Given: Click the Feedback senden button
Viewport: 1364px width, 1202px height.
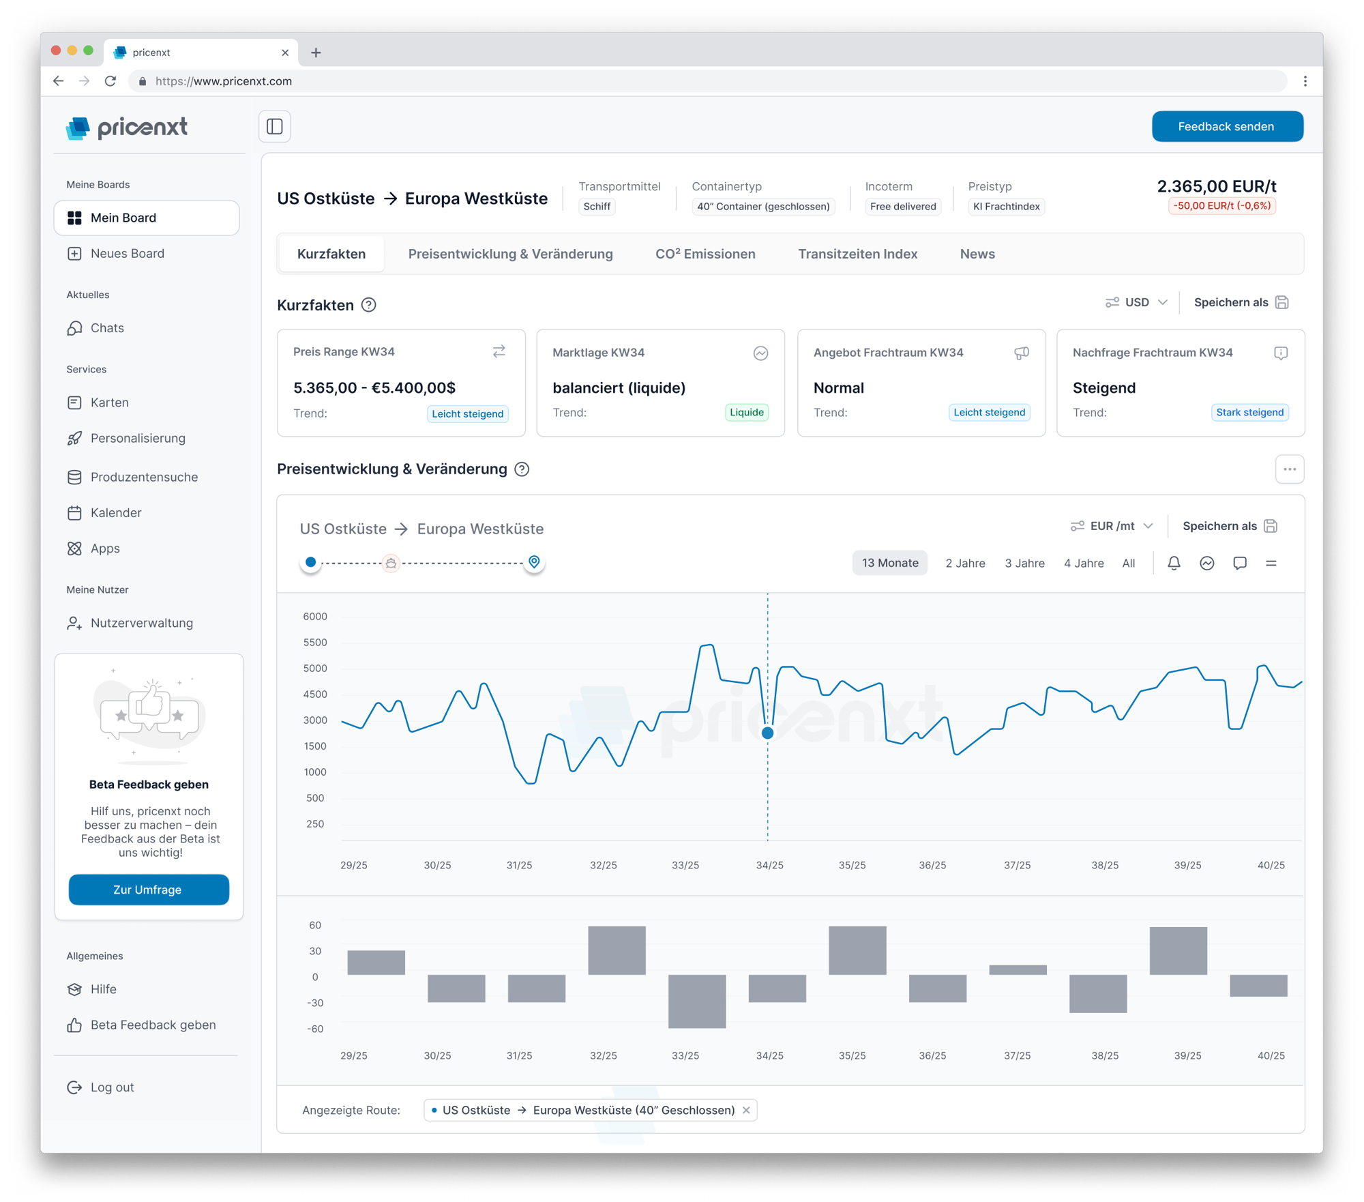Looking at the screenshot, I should (1227, 126).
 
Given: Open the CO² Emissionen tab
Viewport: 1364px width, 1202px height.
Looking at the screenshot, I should (705, 254).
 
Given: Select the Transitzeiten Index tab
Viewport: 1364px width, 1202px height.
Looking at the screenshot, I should (857, 254).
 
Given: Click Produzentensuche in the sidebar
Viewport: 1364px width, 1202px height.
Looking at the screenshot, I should (144, 477).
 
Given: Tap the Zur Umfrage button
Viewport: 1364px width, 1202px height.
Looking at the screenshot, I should (149, 890).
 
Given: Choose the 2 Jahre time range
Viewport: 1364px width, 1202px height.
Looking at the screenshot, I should (965, 563).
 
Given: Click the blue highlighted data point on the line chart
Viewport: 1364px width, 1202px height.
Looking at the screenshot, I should (767, 733).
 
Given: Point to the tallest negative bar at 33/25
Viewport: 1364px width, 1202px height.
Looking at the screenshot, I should (697, 1001).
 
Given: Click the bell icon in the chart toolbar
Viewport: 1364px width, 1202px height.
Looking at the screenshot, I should (1174, 563).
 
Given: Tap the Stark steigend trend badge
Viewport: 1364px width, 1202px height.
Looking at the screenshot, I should (1249, 412).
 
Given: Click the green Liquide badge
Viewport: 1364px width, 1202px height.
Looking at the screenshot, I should (746, 412).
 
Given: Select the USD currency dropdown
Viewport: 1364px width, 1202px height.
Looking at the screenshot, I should (1137, 302).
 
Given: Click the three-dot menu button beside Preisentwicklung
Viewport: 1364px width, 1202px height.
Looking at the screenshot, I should (1289, 469).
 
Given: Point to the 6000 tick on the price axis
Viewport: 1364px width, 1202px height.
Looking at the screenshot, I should (315, 616).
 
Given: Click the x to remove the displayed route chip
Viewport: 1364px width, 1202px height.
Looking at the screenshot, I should (746, 1110).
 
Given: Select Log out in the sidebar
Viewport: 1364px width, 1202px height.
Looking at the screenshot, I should (112, 1087).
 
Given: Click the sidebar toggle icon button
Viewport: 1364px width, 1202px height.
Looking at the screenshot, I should (275, 126).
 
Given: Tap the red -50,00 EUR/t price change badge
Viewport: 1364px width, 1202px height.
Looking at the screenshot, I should (1221, 206).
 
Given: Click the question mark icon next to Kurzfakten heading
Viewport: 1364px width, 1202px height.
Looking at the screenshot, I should (368, 305).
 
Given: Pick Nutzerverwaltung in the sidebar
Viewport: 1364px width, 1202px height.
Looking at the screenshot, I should (141, 623).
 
